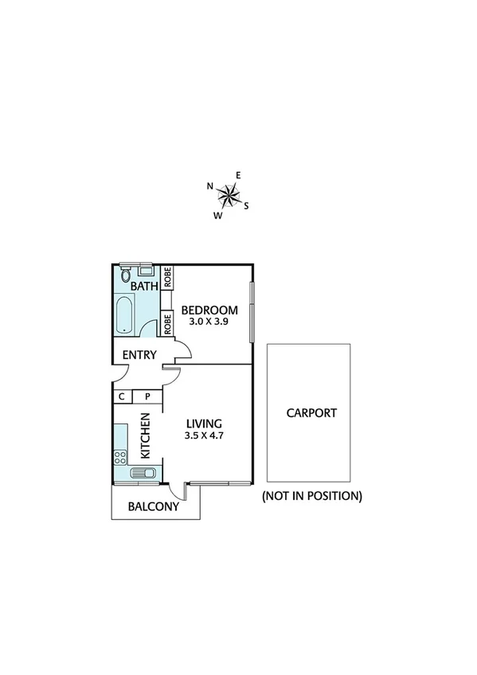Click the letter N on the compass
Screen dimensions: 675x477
click(x=210, y=186)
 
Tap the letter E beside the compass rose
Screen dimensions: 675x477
click(x=238, y=175)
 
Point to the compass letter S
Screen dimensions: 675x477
click(x=247, y=205)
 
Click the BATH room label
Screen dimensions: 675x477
click(x=144, y=286)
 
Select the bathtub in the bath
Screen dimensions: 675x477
click(x=125, y=316)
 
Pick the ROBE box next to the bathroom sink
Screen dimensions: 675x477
click(x=167, y=277)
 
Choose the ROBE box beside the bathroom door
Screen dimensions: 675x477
click(x=167, y=324)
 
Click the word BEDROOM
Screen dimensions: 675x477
click(x=209, y=310)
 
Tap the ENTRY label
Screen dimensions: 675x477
click(x=139, y=355)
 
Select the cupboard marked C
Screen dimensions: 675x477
click(x=122, y=396)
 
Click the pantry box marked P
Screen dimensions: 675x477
click(x=147, y=396)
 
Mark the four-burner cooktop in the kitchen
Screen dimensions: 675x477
click(x=120, y=457)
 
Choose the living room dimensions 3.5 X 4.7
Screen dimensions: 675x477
click(x=204, y=435)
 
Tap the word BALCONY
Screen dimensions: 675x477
click(x=154, y=505)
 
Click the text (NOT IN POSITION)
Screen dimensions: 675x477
click(x=311, y=495)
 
